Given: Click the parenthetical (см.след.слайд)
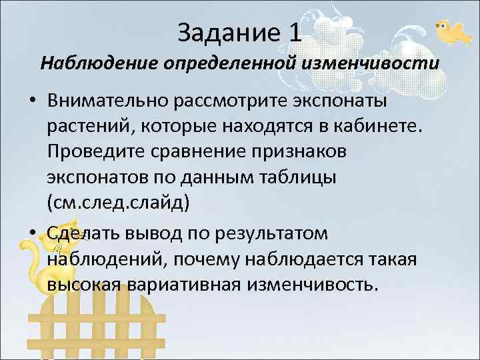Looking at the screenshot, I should click(x=119, y=203).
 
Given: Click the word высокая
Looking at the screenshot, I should click(x=91, y=284).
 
